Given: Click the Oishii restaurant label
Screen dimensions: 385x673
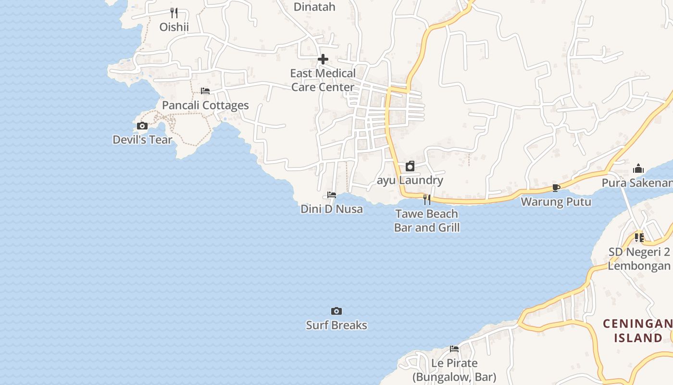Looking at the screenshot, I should pos(174,27).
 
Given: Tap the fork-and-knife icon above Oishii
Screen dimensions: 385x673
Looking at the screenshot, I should pos(174,13).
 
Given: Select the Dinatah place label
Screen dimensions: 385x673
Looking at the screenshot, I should pos(314,7).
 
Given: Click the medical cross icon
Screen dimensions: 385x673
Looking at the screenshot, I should pos(323,59).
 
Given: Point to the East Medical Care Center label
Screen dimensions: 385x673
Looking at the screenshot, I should pos(323,80).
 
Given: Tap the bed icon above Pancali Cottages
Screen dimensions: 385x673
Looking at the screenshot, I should pos(205,91).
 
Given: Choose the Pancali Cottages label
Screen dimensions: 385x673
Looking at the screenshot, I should pos(205,105).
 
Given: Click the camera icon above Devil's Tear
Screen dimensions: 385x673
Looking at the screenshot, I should pos(142,126).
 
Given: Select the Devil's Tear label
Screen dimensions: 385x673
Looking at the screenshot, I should pos(142,140).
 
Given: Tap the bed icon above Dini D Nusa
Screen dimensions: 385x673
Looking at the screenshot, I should pos(332,195).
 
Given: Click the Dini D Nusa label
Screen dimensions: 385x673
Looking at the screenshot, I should pos(332,209).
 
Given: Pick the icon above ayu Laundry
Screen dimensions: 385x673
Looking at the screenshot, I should pos(410,167).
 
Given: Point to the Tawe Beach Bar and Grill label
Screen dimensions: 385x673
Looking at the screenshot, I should pos(427,220).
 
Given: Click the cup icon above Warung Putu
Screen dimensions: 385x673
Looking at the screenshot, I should pos(556,188).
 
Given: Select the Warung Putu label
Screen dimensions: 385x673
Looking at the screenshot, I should pos(556,202).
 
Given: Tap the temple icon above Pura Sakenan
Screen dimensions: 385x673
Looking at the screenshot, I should pos(638,169).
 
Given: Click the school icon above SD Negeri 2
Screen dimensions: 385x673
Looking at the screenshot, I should pos(639,238).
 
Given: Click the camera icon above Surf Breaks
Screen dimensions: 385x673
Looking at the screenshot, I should pos(336,311).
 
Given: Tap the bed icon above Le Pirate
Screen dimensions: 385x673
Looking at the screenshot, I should pos(454,349).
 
